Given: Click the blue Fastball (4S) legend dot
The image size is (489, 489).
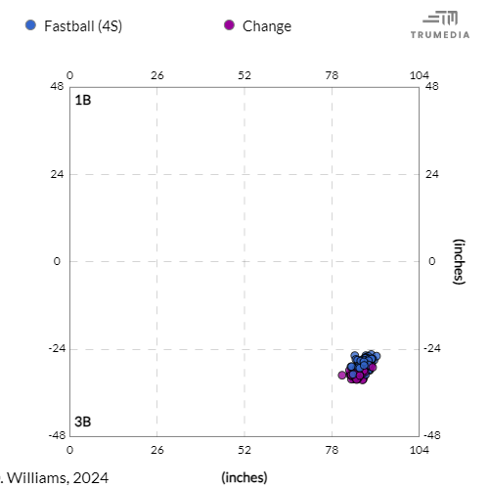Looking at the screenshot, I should (x=30, y=25).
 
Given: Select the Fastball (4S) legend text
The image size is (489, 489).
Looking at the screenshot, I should (x=82, y=26).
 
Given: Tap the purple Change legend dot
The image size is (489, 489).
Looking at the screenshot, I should (x=229, y=25).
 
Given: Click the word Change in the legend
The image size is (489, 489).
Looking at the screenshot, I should (x=267, y=26).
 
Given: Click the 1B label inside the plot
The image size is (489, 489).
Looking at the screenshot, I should (x=83, y=100).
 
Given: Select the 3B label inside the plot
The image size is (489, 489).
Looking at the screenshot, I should (x=83, y=422).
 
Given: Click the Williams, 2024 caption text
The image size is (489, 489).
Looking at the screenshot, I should (x=55, y=476).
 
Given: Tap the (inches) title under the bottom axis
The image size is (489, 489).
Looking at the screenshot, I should (x=244, y=476).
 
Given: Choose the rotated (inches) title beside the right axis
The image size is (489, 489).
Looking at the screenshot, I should (x=457, y=261).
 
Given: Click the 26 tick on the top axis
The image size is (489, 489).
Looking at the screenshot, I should (x=156, y=74).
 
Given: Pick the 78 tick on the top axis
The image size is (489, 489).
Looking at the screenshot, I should (x=332, y=74).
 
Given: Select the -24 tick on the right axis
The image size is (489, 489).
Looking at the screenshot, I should (x=434, y=349).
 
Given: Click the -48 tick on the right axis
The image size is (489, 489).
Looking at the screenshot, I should (x=434, y=436).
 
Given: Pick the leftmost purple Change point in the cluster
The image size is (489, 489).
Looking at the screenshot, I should (x=342, y=375).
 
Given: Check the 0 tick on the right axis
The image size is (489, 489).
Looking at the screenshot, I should (x=430, y=261).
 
